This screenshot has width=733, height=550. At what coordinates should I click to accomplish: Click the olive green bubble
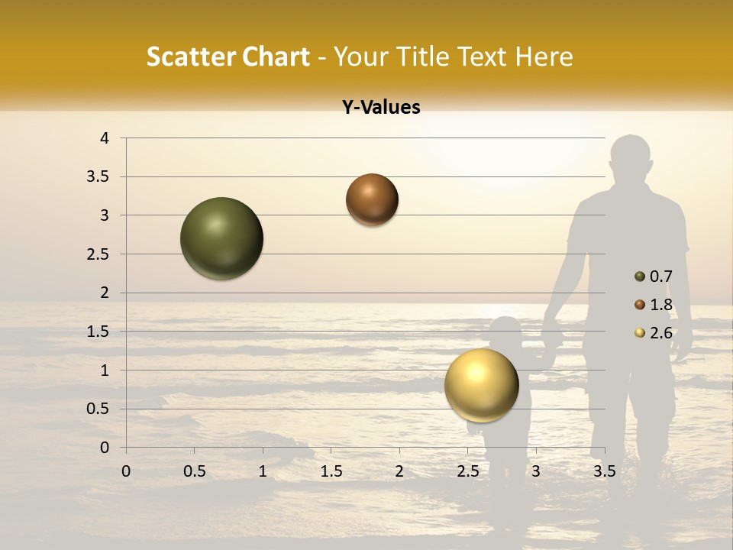221,238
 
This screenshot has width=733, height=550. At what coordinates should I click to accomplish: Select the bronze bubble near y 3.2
372,200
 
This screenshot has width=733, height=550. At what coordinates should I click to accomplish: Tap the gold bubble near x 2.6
481,385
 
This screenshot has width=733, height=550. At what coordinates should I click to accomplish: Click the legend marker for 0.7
640,277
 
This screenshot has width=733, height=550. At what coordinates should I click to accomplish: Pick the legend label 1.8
660,305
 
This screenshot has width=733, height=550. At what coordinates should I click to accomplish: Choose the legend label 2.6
660,333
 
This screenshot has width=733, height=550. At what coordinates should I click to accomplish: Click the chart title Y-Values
380,108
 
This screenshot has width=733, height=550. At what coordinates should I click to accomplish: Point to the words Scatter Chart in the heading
228,57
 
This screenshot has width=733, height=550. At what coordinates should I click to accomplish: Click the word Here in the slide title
544,57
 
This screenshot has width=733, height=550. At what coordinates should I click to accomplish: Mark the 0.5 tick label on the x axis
194,471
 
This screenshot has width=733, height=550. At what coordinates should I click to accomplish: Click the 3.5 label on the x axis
604,471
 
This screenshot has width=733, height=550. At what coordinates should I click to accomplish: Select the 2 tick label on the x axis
399,471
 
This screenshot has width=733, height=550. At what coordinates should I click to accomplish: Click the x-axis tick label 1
263,471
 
